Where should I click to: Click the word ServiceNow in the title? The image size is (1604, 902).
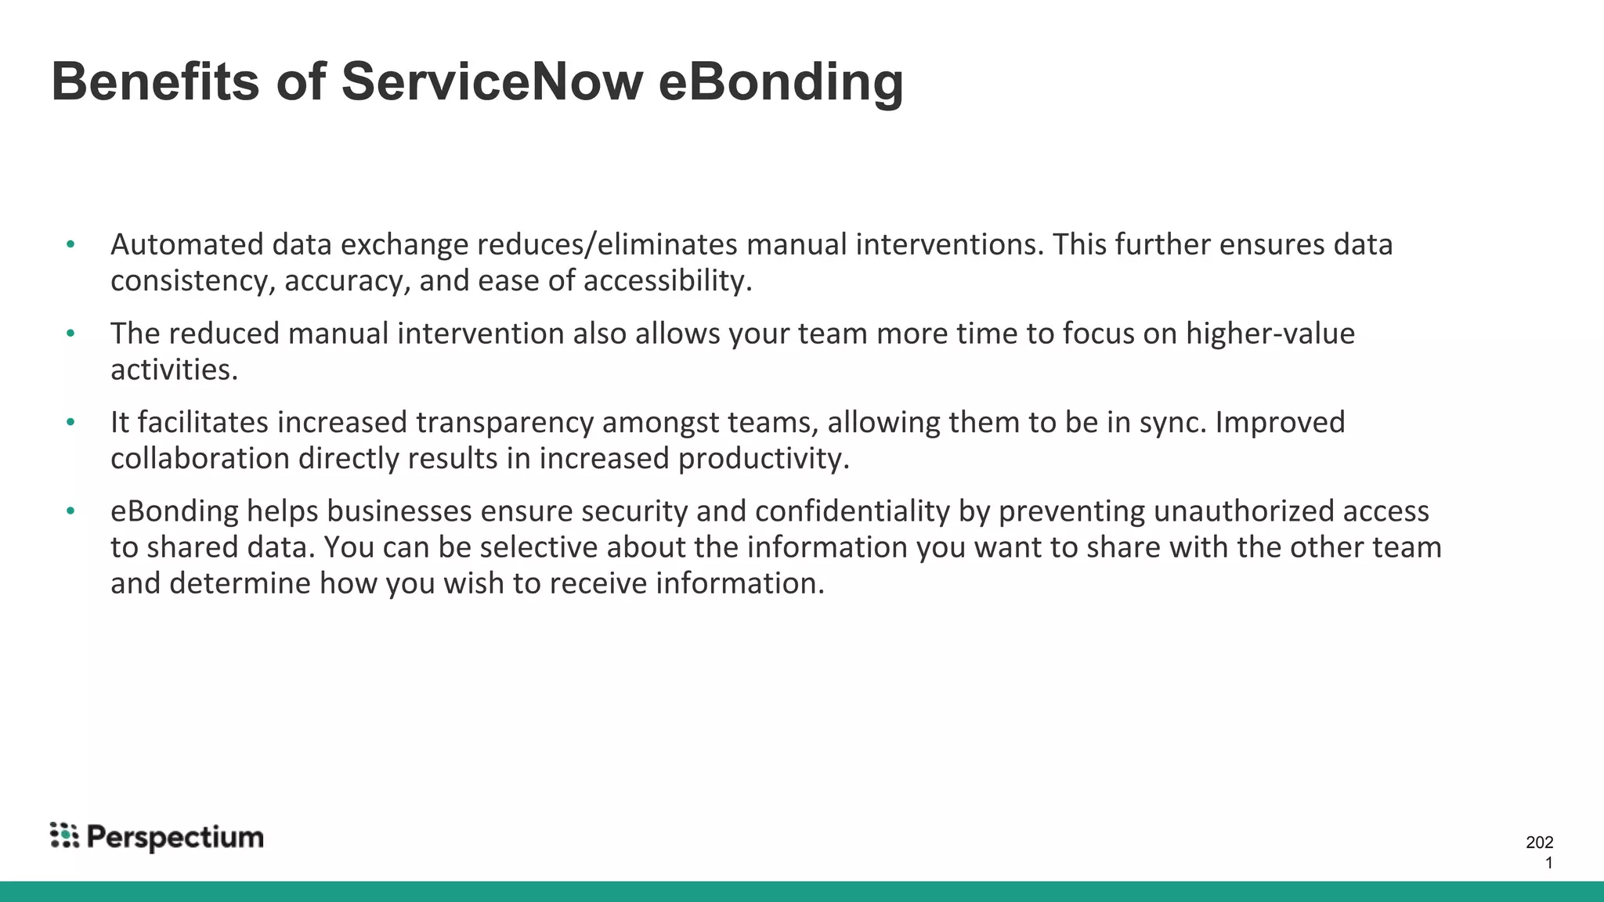coord(492,81)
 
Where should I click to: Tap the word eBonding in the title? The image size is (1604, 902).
coord(781,83)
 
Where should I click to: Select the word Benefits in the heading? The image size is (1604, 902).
coord(155,81)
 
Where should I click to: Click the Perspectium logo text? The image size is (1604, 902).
coord(175,838)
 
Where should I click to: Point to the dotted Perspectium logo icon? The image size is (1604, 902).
coord(64,835)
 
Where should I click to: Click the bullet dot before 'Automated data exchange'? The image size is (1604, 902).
coord(70,245)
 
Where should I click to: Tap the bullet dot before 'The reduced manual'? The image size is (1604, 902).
coord(70,334)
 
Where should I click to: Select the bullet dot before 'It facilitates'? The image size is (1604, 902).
coord(70,422)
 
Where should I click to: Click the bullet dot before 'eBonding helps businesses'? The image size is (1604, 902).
coord(70,511)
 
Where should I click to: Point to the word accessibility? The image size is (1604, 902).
coord(667,281)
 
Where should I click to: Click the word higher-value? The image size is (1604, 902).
coord(1270,334)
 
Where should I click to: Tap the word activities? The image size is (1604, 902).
coord(174,370)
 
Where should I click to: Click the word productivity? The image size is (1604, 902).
coord(764,459)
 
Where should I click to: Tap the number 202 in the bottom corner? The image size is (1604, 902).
coord(1539,842)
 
